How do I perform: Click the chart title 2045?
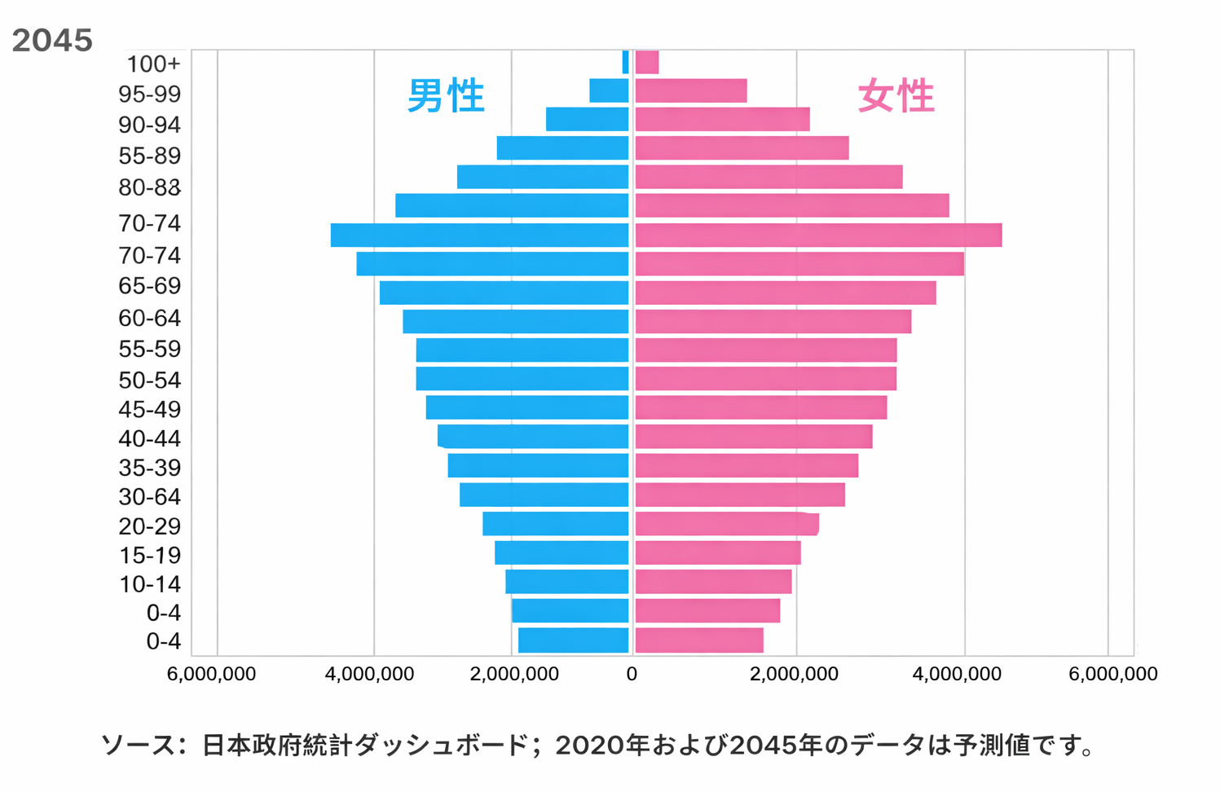(52, 41)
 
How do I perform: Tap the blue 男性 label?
(446, 96)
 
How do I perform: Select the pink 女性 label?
(896, 96)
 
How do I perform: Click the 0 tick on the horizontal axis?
(632, 675)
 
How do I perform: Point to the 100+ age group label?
(153, 64)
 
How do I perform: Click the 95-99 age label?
(149, 95)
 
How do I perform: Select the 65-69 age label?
(149, 286)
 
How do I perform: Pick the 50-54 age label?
(149, 381)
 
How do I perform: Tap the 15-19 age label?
(149, 556)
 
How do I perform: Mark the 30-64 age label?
(149, 497)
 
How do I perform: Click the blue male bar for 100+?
(625, 62)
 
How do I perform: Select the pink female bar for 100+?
(647, 62)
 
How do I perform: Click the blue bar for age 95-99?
(609, 90)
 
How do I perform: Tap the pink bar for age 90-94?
(722, 119)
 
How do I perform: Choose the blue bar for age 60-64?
(515, 321)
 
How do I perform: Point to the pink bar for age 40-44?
(753, 437)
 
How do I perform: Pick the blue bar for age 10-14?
(566, 582)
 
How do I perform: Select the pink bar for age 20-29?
(726, 524)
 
